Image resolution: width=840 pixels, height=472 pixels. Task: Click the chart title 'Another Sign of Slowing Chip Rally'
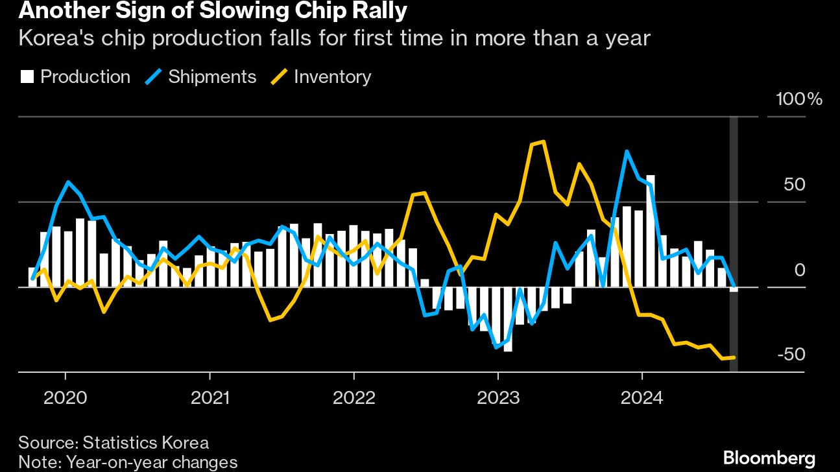coord(204,11)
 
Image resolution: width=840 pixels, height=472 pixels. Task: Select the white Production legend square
coord(27,77)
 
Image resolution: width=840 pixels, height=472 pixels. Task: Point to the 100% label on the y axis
coord(798,100)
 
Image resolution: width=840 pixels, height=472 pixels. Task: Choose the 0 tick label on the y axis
coord(799,270)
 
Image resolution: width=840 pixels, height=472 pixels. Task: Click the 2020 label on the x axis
coord(65,397)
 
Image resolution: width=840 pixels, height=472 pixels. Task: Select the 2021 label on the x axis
coord(210,397)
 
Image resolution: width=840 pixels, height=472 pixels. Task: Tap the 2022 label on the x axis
coord(354,397)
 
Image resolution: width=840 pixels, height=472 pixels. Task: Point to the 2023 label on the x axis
coord(498,397)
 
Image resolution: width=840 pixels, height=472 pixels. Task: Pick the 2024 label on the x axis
coord(642,397)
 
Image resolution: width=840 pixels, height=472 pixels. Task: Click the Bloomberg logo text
coord(769,458)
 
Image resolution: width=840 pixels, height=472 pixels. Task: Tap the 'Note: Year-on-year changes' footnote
coord(128,462)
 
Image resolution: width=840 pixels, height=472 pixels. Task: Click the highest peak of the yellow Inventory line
coord(542,141)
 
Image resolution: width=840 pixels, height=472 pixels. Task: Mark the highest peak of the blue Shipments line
coord(627,151)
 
